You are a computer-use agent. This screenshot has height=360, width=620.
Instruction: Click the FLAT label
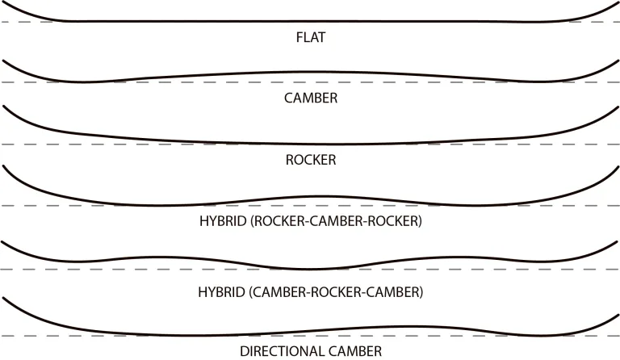(311, 37)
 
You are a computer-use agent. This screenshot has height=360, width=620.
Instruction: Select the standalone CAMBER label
(311, 98)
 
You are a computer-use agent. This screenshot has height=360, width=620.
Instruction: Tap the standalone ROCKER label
(311, 160)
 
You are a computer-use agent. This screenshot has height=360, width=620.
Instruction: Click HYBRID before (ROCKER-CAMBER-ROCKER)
(223, 221)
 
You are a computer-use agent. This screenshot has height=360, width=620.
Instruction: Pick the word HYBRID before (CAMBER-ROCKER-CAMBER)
(222, 292)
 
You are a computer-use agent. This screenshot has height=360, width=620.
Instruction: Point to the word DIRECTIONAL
(283, 351)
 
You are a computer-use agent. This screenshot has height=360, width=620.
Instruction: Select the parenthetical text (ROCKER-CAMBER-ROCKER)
(336, 221)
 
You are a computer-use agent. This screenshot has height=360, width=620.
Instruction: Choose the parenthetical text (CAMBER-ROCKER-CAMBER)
(336, 292)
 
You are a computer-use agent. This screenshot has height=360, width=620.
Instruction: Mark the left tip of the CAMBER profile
(3, 61)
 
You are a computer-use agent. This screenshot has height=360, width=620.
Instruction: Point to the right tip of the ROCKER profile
(618, 107)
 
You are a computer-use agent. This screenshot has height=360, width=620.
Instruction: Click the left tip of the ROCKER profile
(3, 106)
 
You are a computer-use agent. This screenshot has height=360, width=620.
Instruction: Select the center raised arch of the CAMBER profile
(310, 72)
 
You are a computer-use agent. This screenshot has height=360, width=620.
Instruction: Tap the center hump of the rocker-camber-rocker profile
(316, 196)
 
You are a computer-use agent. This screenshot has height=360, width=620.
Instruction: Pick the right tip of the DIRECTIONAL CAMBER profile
(618, 315)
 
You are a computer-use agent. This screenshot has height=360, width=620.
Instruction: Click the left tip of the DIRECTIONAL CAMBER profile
(3, 298)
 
